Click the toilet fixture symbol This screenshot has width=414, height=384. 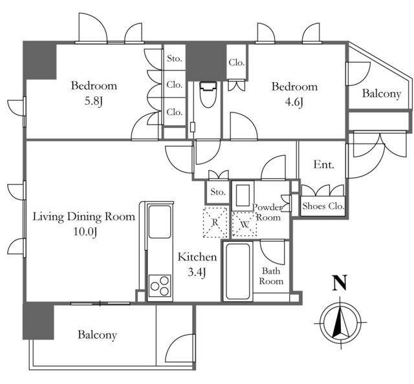point(208,94)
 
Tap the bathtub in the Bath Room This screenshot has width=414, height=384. point(238,271)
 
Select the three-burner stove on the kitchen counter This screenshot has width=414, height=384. point(160,286)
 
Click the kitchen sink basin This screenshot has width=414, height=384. point(160,222)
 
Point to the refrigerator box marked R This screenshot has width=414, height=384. point(215,222)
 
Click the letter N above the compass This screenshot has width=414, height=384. point(340,283)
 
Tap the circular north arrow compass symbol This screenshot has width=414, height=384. point(341,323)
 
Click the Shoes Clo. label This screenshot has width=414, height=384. point(323,206)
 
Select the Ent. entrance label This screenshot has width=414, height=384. point(323,165)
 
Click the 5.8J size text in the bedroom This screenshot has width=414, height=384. point(93,101)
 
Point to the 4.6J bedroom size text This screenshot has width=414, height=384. point(294,102)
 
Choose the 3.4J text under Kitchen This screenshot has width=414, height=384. point(197,272)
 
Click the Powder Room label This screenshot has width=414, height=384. point(267,212)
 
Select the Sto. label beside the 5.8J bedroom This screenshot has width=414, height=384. point(175,58)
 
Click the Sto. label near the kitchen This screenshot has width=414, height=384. point(218,192)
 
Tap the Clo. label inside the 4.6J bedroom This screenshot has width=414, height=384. point(237,63)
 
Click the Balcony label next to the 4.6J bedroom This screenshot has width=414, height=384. point(382,94)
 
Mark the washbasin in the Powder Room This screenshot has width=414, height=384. point(243,196)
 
